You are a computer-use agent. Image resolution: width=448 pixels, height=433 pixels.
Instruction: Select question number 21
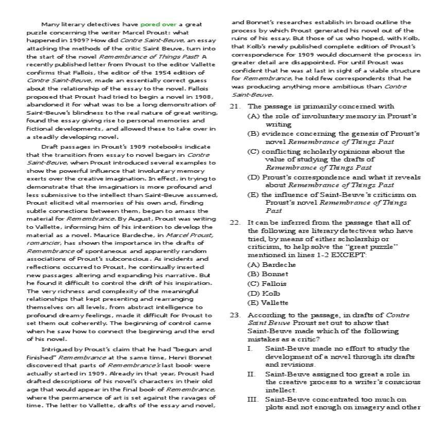235,106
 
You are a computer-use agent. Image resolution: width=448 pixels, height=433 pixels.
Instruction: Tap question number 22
235,222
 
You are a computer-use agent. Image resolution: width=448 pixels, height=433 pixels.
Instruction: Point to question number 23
235,315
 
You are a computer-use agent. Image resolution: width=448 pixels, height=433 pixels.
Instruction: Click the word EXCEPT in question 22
352,255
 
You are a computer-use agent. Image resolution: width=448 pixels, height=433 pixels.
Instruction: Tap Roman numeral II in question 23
251,374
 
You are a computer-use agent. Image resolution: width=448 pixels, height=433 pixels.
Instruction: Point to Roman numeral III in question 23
252,399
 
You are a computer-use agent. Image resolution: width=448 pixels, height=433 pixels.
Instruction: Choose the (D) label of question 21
254,177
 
